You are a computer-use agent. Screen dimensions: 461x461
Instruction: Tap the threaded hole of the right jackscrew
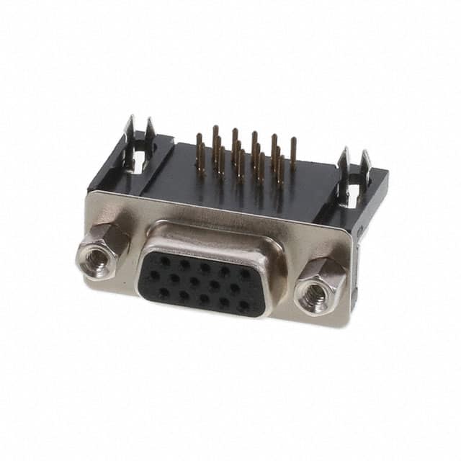pyautogui.click(x=315, y=292)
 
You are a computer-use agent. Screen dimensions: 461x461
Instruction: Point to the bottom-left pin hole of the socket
pyautogui.click(x=164, y=292)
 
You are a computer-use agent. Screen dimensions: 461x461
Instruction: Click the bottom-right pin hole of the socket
pyautogui.click(x=243, y=305)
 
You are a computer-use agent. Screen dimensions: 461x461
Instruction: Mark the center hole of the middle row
pyautogui.click(x=194, y=282)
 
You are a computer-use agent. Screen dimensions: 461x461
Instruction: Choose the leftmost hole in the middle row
pyautogui.click(x=154, y=275)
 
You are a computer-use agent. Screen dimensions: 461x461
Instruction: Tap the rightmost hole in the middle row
pyautogui.click(x=235, y=290)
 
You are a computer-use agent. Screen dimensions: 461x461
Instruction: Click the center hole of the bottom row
pyautogui.click(x=204, y=299)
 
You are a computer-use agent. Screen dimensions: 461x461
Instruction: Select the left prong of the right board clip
pyautogui.click(x=345, y=164)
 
